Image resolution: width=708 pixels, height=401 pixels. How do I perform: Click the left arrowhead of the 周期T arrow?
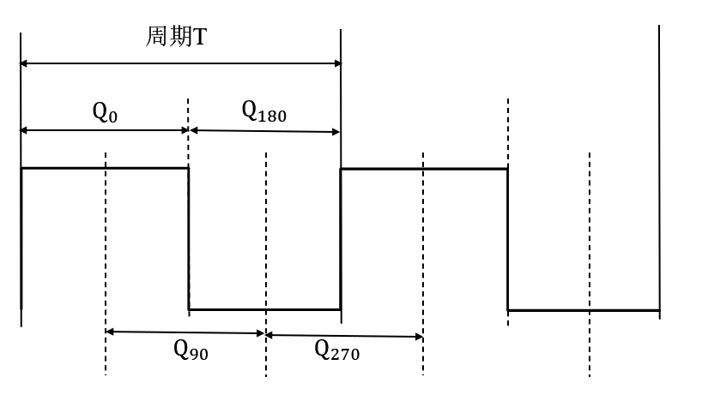coord(26,63)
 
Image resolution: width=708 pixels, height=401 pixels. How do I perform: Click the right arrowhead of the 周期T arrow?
coord(336,63)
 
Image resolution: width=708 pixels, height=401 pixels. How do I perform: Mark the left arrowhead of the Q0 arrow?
coord(26,130)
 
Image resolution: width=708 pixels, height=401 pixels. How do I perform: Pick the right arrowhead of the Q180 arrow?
coord(336,131)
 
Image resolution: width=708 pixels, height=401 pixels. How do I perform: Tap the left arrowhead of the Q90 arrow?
coord(111,332)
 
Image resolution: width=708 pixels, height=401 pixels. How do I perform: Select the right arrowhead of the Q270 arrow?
coord(418,335)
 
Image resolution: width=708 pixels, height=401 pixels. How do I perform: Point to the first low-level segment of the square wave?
coord(264,308)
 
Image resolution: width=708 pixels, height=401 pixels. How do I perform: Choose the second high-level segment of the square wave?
coord(424,169)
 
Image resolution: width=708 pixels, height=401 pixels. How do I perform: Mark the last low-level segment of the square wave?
coord(584,310)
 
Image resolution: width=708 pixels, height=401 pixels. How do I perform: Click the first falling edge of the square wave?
coord(189,238)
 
